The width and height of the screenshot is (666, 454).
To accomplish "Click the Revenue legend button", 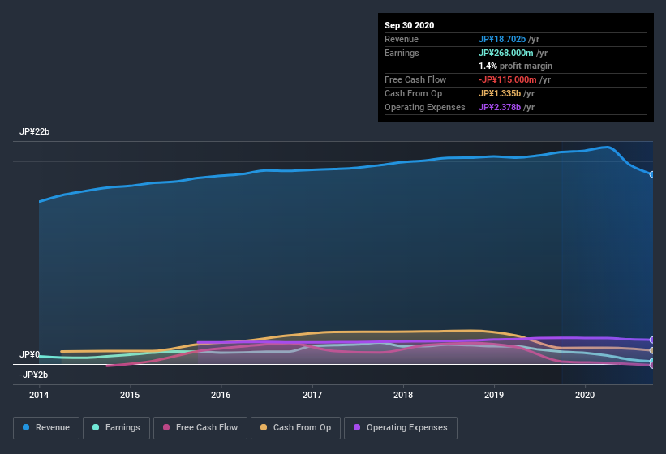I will click(x=47, y=427).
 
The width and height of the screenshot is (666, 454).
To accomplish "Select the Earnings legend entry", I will click(x=117, y=427).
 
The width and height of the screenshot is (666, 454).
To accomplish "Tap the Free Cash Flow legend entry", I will click(x=200, y=427).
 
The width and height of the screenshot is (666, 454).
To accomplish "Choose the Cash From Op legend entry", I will click(x=295, y=427).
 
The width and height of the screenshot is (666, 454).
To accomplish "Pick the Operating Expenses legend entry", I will click(x=400, y=427).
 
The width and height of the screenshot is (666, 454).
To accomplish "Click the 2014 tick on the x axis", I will click(x=39, y=395).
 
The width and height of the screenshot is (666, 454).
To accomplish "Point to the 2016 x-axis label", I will click(x=221, y=395).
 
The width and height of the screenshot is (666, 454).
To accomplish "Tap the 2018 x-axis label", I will click(x=403, y=395).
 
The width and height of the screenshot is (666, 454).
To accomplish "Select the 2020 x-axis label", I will click(x=585, y=395).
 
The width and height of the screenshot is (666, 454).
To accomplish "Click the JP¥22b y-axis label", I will click(x=34, y=131).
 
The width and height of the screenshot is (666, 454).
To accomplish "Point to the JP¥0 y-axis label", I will click(x=30, y=354).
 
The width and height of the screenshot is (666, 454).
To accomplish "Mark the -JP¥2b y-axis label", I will click(x=34, y=374).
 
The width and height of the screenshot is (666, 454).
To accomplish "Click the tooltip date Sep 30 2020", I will click(x=409, y=25).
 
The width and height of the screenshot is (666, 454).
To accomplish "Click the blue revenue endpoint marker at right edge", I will click(x=651, y=174).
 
